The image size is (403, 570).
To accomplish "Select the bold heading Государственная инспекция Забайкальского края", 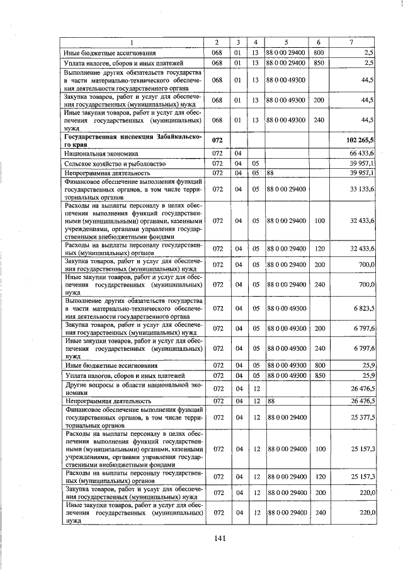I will coord(131,140).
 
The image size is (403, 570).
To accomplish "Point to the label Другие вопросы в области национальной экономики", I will coord(131,387).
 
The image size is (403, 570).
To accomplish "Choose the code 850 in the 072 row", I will coord(319,375).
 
